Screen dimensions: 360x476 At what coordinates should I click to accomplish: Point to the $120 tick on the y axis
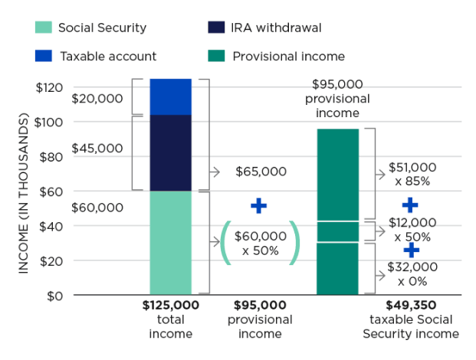tap(50, 87)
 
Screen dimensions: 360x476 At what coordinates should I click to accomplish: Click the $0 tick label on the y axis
tap(54, 295)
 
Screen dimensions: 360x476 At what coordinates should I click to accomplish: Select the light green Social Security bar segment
tap(170, 242)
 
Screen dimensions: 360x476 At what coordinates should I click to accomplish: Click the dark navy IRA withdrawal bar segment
tap(170, 152)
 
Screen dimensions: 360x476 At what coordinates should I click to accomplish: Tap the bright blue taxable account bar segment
tap(170, 97)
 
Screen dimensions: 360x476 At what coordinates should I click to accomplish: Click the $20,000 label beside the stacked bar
tap(97, 98)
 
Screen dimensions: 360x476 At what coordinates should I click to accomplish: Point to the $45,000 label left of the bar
tap(97, 149)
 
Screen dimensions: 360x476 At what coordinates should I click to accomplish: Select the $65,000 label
tap(261, 172)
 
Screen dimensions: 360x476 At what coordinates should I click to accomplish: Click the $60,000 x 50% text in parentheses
tap(260, 243)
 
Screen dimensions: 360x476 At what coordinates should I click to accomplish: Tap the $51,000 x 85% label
tap(412, 174)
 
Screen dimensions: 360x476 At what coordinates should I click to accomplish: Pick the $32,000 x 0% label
tap(412, 273)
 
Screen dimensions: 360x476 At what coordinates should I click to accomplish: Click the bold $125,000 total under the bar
tap(170, 305)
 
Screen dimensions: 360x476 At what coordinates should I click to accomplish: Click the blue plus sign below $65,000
tap(259, 205)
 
